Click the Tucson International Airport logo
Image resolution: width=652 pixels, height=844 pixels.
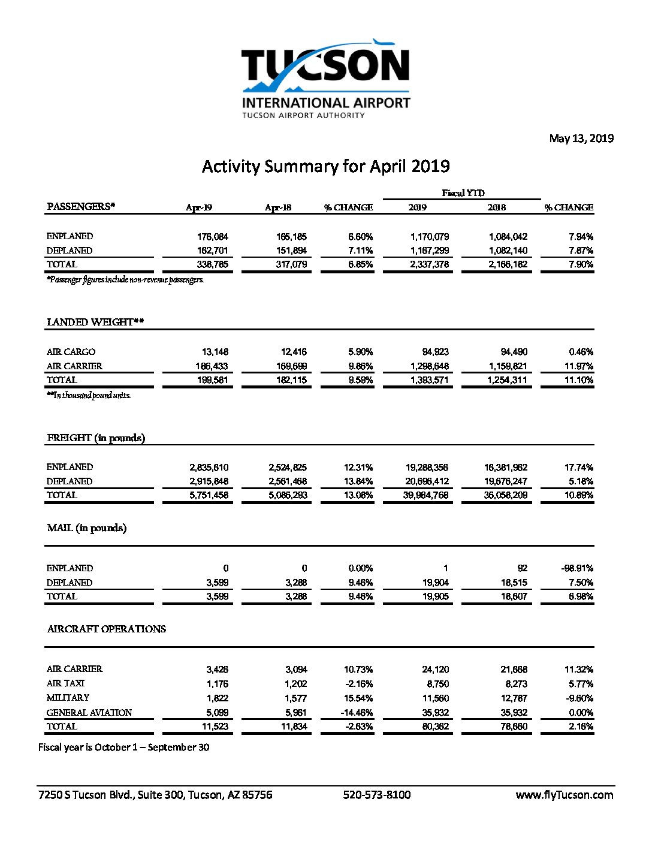pos(325,79)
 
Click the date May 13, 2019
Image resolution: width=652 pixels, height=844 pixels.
pos(581,138)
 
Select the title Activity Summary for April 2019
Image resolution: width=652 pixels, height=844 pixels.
pos(325,166)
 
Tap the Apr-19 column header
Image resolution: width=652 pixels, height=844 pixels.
pos(198,207)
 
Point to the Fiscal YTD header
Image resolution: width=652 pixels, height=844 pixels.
pos(463,192)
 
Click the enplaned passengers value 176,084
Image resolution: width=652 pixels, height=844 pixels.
pos(212,236)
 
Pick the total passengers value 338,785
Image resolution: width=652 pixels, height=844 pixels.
pos(212,264)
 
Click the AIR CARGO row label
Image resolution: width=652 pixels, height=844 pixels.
pos(71,352)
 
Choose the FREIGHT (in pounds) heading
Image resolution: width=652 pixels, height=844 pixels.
pos(96,438)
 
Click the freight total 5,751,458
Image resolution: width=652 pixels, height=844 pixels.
pos(209,495)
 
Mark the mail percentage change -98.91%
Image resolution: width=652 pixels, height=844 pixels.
pos(576,568)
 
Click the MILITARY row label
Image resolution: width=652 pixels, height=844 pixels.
pos(68,698)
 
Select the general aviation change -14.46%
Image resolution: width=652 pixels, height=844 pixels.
pos(356,713)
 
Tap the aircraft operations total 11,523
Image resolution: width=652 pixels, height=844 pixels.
pos(215,727)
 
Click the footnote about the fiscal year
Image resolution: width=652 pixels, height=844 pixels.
pos(123,747)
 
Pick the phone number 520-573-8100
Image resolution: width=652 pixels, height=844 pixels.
pos(376,795)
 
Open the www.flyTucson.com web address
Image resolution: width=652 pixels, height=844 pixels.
pos(564,795)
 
